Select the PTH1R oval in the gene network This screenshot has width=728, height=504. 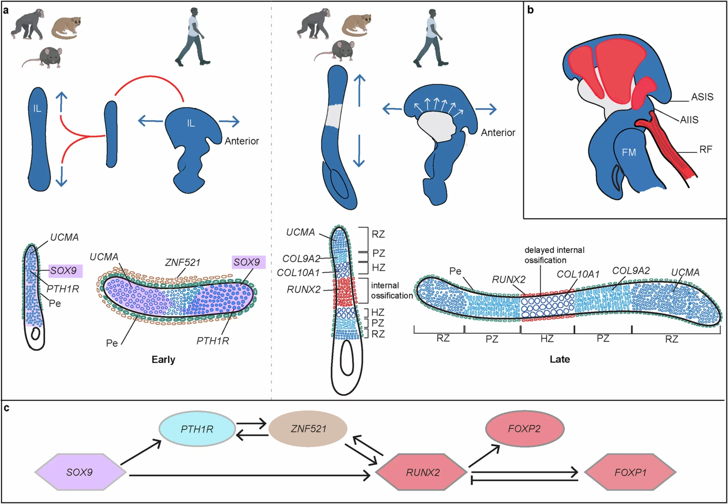tap(197, 429)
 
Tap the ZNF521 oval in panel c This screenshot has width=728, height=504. tap(308, 429)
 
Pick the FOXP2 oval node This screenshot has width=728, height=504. tap(524, 429)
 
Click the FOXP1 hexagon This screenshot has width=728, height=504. tap(630, 472)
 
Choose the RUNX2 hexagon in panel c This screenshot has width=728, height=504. tap(422, 472)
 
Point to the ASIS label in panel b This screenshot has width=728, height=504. tap(702, 97)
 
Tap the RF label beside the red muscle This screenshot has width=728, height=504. tap(706, 149)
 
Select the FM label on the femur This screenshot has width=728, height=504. tap(628, 153)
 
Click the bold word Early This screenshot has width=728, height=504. tap(163, 359)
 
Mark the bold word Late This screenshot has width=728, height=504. tap(559, 359)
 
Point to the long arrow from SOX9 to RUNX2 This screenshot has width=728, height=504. tap(249, 475)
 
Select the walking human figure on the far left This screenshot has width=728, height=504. tap(193, 37)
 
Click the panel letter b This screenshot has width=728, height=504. tap(530, 10)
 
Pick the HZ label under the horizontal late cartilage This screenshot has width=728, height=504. tap(547, 339)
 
